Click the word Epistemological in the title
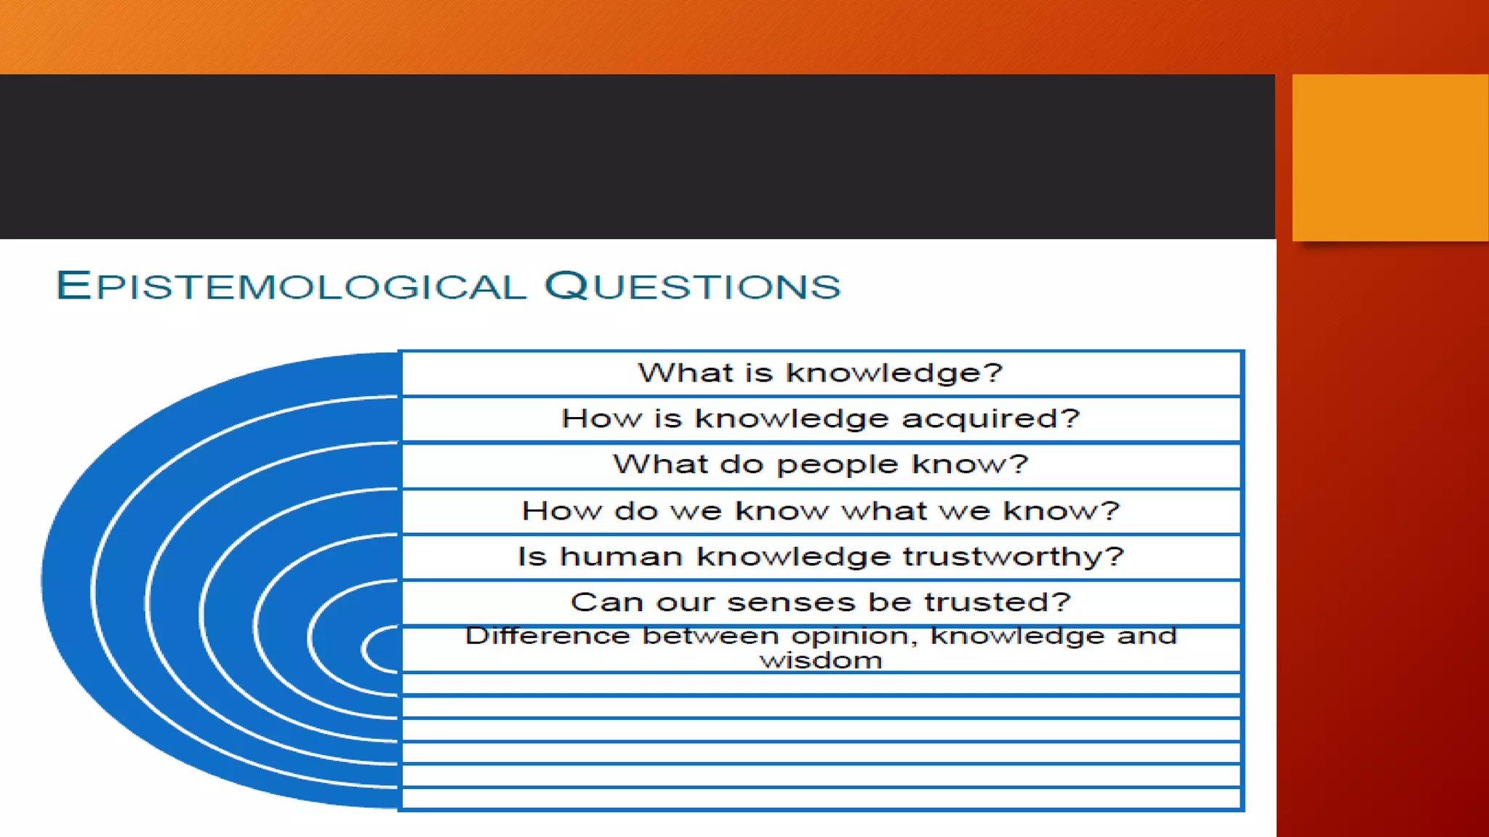click(291, 285)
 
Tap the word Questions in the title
click(692, 285)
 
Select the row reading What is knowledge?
click(820, 373)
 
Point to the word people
click(837, 465)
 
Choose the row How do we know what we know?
click(820, 511)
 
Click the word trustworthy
click(1014, 557)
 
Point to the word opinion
click(854, 636)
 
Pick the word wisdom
click(821, 661)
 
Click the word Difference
click(547, 636)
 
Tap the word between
click(710, 636)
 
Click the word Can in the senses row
click(594, 602)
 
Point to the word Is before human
click(531, 557)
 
